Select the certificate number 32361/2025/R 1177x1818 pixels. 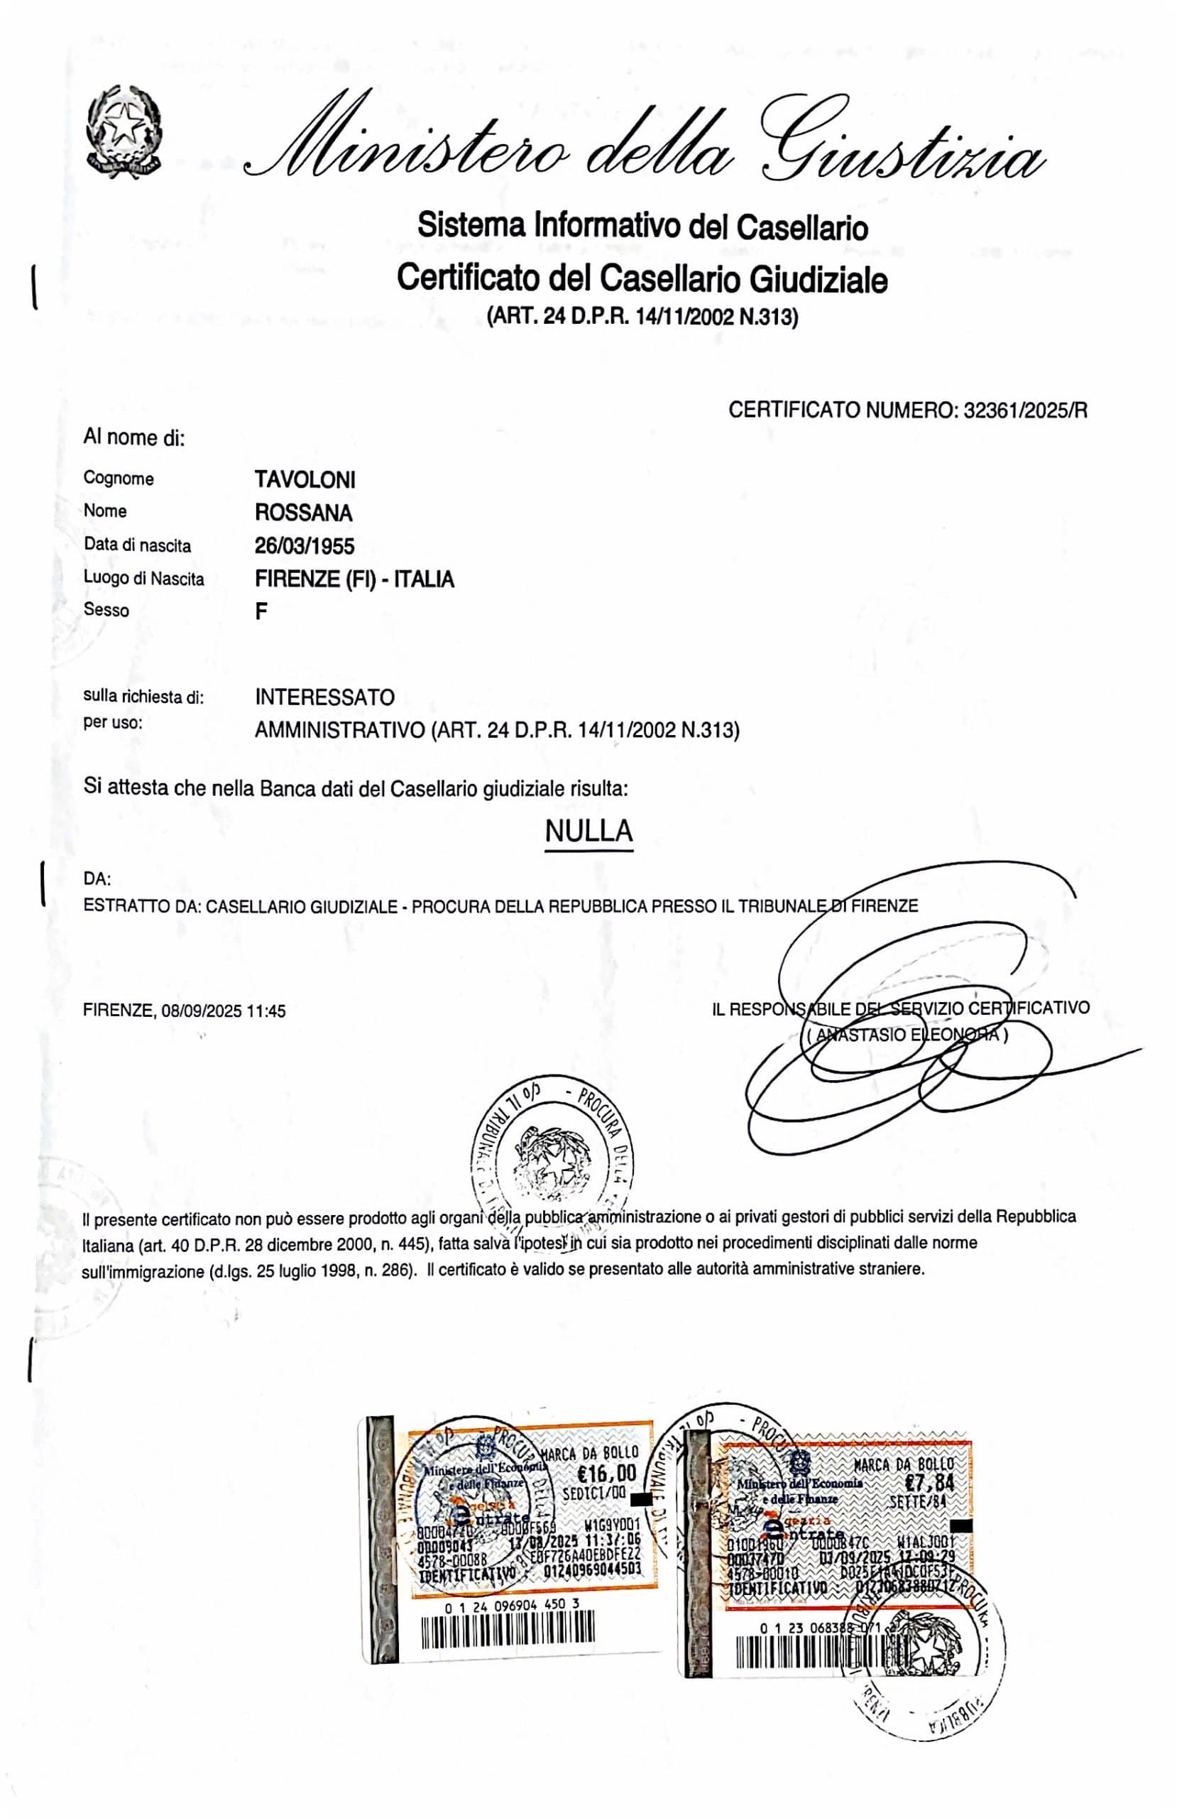click(1025, 411)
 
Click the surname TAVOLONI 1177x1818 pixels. click(305, 479)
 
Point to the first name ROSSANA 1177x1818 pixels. click(303, 513)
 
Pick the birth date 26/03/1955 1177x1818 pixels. click(304, 545)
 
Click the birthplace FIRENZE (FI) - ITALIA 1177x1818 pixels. click(354, 579)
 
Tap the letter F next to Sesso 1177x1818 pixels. click(261, 611)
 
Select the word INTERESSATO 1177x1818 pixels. click(324, 697)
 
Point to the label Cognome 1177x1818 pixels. click(119, 479)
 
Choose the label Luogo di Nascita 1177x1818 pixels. click(143, 579)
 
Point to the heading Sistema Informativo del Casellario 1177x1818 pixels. click(642, 227)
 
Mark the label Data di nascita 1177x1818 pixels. click(138, 545)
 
